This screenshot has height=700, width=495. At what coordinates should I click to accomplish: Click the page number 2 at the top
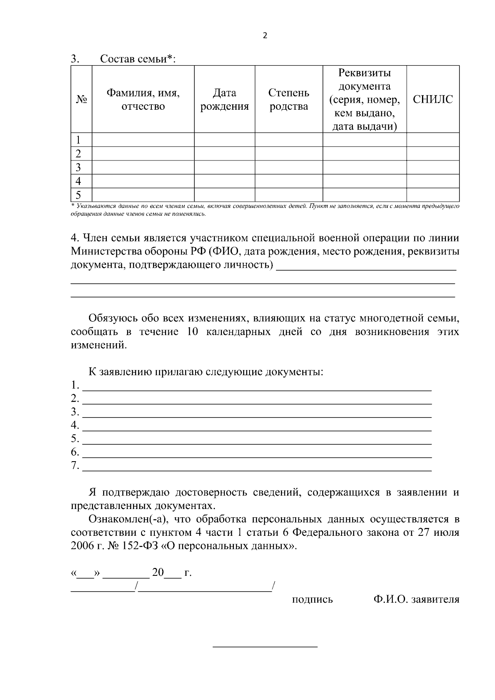[x=265, y=35]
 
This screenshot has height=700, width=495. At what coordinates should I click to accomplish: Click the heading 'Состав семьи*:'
[x=138, y=59]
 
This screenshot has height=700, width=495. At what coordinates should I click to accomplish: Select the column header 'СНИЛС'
[x=433, y=99]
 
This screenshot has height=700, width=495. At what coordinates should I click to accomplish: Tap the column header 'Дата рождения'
[x=224, y=99]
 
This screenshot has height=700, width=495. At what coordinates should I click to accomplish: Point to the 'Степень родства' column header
[x=288, y=99]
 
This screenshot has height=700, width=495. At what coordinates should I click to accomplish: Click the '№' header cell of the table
[x=81, y=99]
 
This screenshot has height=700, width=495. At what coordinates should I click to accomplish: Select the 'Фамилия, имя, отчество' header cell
[x=143, y=99]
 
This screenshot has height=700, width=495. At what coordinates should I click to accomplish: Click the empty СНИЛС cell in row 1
[x=433, y=139]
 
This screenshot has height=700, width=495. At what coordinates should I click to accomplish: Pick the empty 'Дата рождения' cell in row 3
[x=224, y=167]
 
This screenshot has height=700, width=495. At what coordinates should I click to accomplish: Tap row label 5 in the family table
[x=78, y=195]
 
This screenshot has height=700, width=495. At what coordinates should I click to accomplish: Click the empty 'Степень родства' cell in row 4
[x=288, y=181]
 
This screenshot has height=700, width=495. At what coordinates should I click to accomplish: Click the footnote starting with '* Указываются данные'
[x=264, y=210]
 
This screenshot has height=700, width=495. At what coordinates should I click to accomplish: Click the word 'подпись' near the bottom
[x=312, y=599]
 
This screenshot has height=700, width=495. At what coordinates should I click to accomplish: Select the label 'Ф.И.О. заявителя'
[x=416, y=599]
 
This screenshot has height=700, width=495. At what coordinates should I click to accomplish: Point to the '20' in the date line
[x=158, y=573]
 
